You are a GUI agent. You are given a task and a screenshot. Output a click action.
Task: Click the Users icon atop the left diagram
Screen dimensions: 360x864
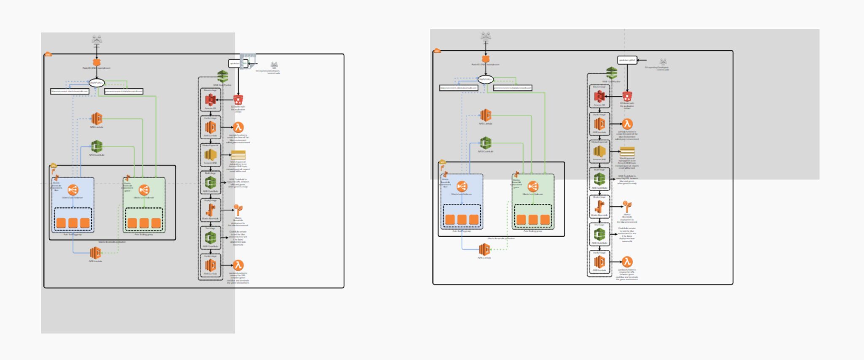coord(97,39)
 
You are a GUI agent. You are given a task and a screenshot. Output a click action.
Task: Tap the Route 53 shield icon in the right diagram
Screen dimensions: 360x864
coord(486,59)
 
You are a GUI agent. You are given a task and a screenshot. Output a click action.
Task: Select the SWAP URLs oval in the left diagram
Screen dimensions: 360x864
coord(97,83)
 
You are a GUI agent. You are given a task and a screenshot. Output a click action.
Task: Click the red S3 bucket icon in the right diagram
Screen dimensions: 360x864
coord(627,96)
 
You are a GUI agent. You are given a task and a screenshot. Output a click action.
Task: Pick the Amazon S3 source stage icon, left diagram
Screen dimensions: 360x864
coord(211,100)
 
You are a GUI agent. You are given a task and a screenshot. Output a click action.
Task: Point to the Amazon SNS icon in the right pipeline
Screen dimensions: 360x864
coord(599,152)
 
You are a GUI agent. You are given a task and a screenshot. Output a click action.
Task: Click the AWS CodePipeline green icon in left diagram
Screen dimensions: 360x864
coord(223,77)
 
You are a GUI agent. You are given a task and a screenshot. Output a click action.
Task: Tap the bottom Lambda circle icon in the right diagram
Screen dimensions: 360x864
coord(627,262)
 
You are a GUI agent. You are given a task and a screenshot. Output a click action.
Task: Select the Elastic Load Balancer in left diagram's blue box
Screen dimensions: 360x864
coord(73,190)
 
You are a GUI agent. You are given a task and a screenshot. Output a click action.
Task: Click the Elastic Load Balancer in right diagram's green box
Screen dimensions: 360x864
coord(533,187)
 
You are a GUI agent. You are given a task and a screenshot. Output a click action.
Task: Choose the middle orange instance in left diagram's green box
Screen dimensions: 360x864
coord(144,223)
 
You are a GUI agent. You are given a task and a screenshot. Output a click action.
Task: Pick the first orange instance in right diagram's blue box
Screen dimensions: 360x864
coord(450,219)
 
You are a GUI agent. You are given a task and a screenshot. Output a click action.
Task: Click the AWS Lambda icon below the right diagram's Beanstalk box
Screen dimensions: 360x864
coord(484,250)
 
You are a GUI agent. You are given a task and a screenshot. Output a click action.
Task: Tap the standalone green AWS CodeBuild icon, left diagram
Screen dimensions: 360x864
coord(97,146)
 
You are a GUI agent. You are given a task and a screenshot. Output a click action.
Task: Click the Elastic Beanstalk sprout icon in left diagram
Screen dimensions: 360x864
coord(238,210)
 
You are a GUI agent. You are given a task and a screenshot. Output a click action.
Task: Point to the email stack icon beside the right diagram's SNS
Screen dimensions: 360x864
coord(627,152)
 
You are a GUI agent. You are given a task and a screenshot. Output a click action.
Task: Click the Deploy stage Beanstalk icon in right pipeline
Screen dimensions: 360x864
coord(599,207)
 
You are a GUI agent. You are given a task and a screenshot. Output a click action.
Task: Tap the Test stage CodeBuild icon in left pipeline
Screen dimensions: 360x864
coord(211,238)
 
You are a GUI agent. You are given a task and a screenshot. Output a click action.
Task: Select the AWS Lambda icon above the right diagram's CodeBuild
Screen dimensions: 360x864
coord(486,115)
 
